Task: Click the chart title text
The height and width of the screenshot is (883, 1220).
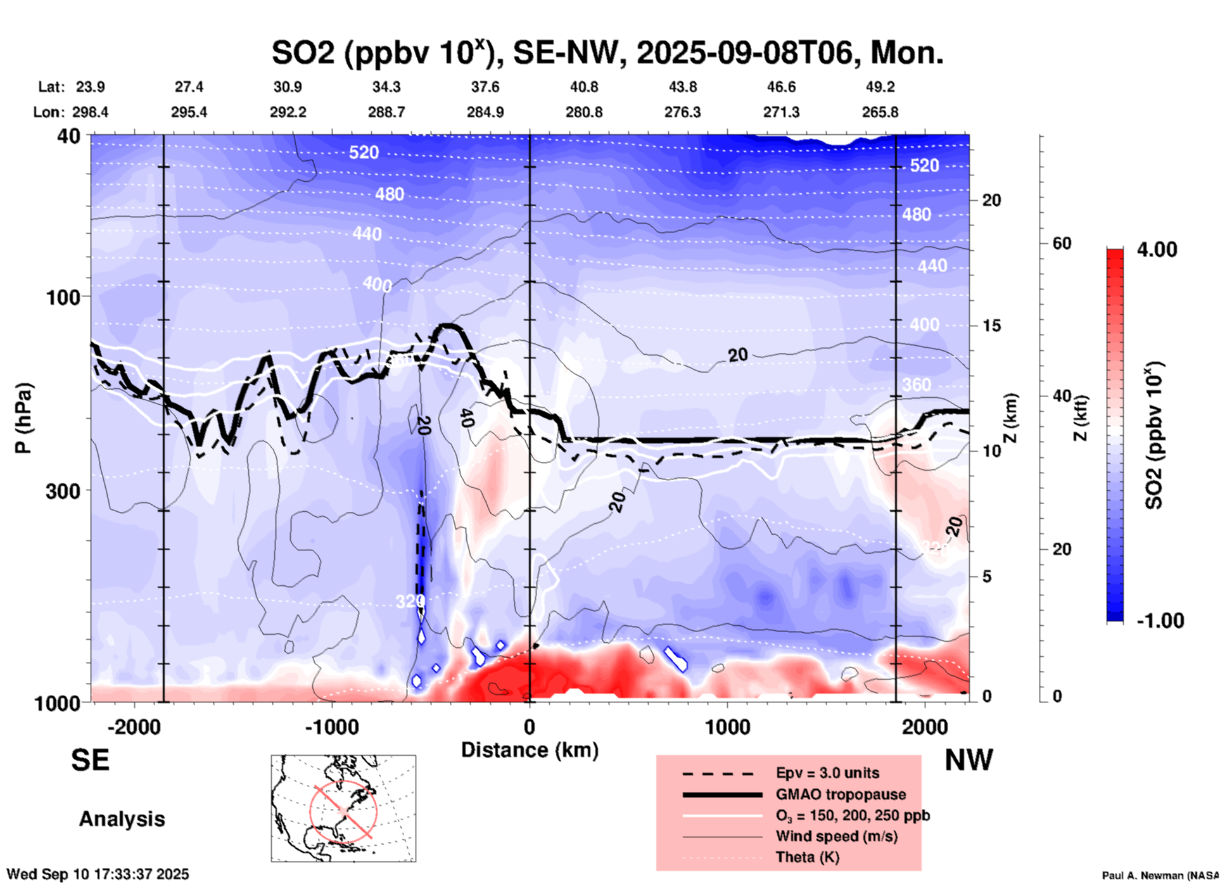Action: pos(607,53)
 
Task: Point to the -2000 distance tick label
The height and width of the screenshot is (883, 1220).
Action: pos(134,727)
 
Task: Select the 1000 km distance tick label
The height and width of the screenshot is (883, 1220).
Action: pos(727,727)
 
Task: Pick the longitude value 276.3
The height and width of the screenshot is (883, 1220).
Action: pos(682,112)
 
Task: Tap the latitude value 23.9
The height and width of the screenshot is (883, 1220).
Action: pos(90,87)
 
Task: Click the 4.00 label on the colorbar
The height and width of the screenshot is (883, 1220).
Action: pos(1157,250)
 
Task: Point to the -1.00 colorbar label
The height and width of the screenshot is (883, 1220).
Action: pos(1160,621)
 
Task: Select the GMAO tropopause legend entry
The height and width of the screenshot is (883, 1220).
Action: pos(841,794)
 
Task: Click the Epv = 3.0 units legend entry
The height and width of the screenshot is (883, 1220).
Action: pos(827,773)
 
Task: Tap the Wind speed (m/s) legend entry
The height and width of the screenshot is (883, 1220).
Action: pos(836,836)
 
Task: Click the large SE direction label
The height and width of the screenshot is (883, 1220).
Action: pos(90,760)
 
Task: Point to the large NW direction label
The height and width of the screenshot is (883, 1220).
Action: pos(969,760)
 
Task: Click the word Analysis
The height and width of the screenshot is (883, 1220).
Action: pos(122,819)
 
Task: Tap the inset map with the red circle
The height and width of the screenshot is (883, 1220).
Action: pos(343,808)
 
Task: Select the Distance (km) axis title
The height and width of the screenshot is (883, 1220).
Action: pos(530,750)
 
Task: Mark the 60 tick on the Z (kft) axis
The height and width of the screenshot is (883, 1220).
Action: pos(1062,243)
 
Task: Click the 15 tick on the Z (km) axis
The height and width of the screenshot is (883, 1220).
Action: pos(991,326)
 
